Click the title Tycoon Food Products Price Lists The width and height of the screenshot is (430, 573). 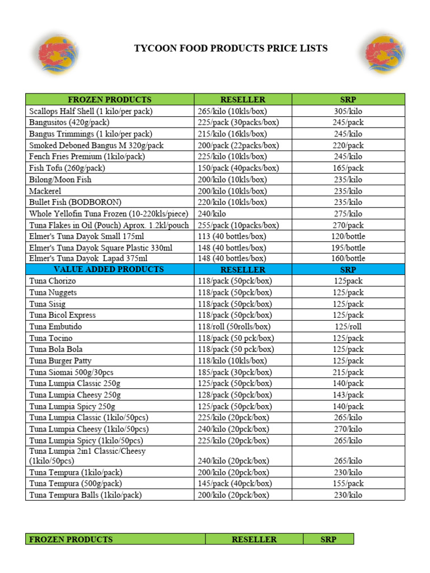tap(230, 49)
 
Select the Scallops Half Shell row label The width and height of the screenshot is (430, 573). tap(91, 111)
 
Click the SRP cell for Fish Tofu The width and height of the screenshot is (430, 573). tap(348, 168)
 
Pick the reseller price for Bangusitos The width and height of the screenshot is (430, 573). tap(238, 123)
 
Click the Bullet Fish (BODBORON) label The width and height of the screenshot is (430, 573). tap(75, 202)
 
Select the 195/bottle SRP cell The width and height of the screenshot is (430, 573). tap(348, 247)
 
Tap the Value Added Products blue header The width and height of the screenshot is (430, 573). tap(109, 270)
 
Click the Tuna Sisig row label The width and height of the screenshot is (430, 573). tap(48, 304)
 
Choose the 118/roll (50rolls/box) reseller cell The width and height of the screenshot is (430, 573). tap(234, 326)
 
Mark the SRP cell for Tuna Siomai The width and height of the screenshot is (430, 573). tap(348, 372)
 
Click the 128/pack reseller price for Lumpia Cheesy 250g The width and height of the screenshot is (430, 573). tap(235, 395)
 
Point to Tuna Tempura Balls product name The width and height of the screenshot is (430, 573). tap(85, 495)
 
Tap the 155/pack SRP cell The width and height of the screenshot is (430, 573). tap(348, 483)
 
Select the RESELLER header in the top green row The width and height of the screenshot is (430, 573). tap(242, 100)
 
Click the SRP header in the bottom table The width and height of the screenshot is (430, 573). tap(328, 539)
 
